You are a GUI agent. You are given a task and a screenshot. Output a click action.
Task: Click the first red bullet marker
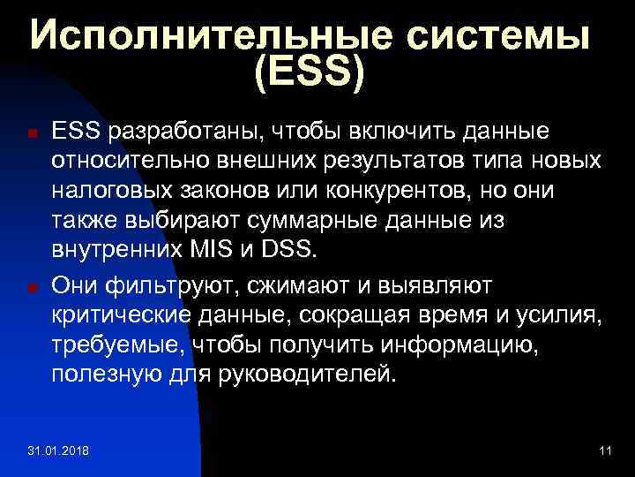[31, 134]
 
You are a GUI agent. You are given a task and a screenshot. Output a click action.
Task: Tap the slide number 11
[604, 452]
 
